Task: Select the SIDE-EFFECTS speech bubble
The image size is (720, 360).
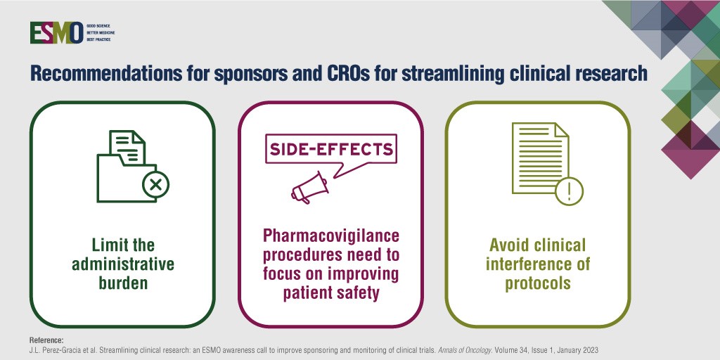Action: [329, 149]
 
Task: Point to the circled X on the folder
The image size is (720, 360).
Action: [155, 186]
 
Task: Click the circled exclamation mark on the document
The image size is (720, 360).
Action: [569, 190]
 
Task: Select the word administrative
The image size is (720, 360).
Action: [122, 266]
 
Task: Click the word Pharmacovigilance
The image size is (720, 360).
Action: [331, 236]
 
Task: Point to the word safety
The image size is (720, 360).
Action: [357, 292]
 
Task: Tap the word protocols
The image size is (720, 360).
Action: [539, 284]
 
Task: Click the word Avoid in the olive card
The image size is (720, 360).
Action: [508, 245]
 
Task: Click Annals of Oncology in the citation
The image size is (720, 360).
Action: [437, 349]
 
